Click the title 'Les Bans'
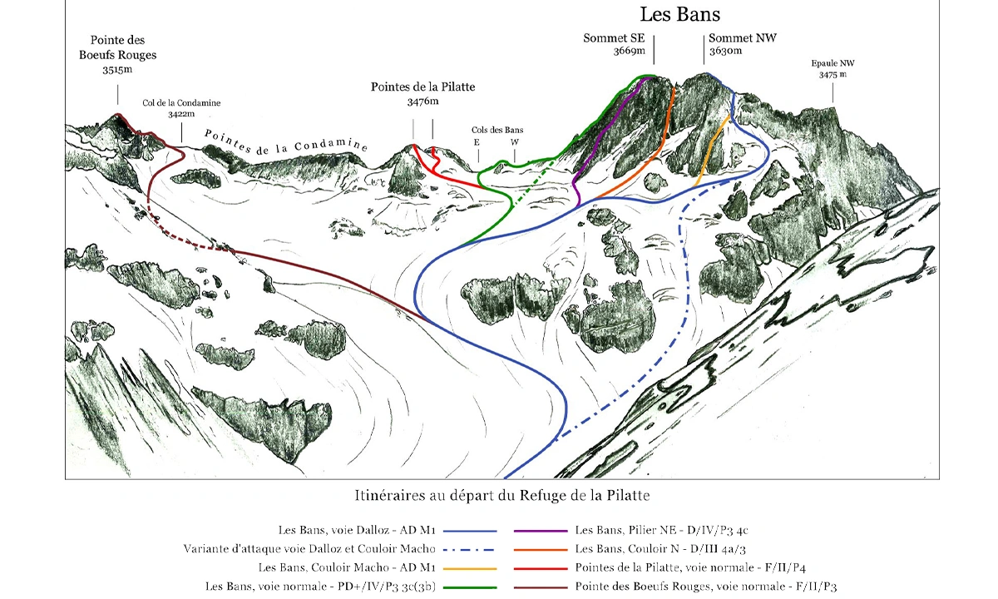[680, 14]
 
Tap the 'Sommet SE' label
[614, 38]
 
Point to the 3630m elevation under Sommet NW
[725, 51]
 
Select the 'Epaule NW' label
[832, 63]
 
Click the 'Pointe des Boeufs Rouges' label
[117, 47]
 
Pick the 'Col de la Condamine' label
[181, 103]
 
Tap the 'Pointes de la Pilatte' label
[422, 87]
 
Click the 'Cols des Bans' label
[497, 130]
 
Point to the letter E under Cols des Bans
[477, 142]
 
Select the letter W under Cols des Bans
[515, 142]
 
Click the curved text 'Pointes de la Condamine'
[286, 141]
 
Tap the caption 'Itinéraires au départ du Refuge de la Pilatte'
[502, 496]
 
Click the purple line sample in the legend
[541, 531]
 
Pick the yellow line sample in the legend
[470, 569]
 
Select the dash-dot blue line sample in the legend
[470, 550]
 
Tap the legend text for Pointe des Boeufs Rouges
[706, 587]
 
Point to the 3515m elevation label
[117, 70]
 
